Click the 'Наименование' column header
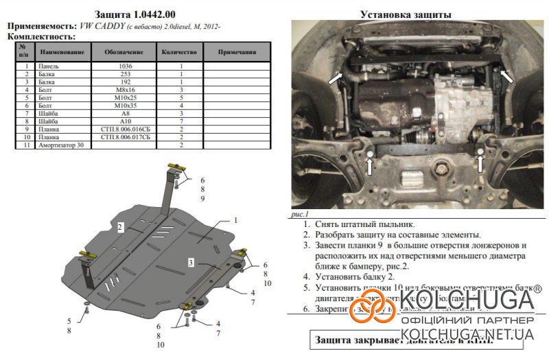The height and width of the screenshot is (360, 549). tap(62, 52)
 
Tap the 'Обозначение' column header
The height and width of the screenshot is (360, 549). tap(124, 52)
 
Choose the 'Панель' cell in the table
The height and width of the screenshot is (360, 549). tap(51, 67)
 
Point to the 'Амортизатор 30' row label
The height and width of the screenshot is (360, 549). tap(62, 145)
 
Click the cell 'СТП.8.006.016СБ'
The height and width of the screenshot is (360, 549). tap(125, 129)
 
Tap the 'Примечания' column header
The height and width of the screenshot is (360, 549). tap(237, 52)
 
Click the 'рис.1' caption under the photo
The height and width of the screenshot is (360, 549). tap(301, 214)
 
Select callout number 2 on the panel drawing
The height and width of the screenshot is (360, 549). tap(119, 226)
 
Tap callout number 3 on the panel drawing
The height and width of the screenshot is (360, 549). tap(191, 262)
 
